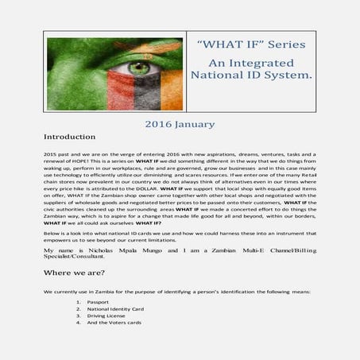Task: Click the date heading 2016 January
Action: click(x=180, y=124)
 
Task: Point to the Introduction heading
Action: click(x=70, y=137)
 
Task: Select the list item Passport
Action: click(x=100, y=302)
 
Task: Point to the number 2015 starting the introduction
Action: click(x=52, y=153)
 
